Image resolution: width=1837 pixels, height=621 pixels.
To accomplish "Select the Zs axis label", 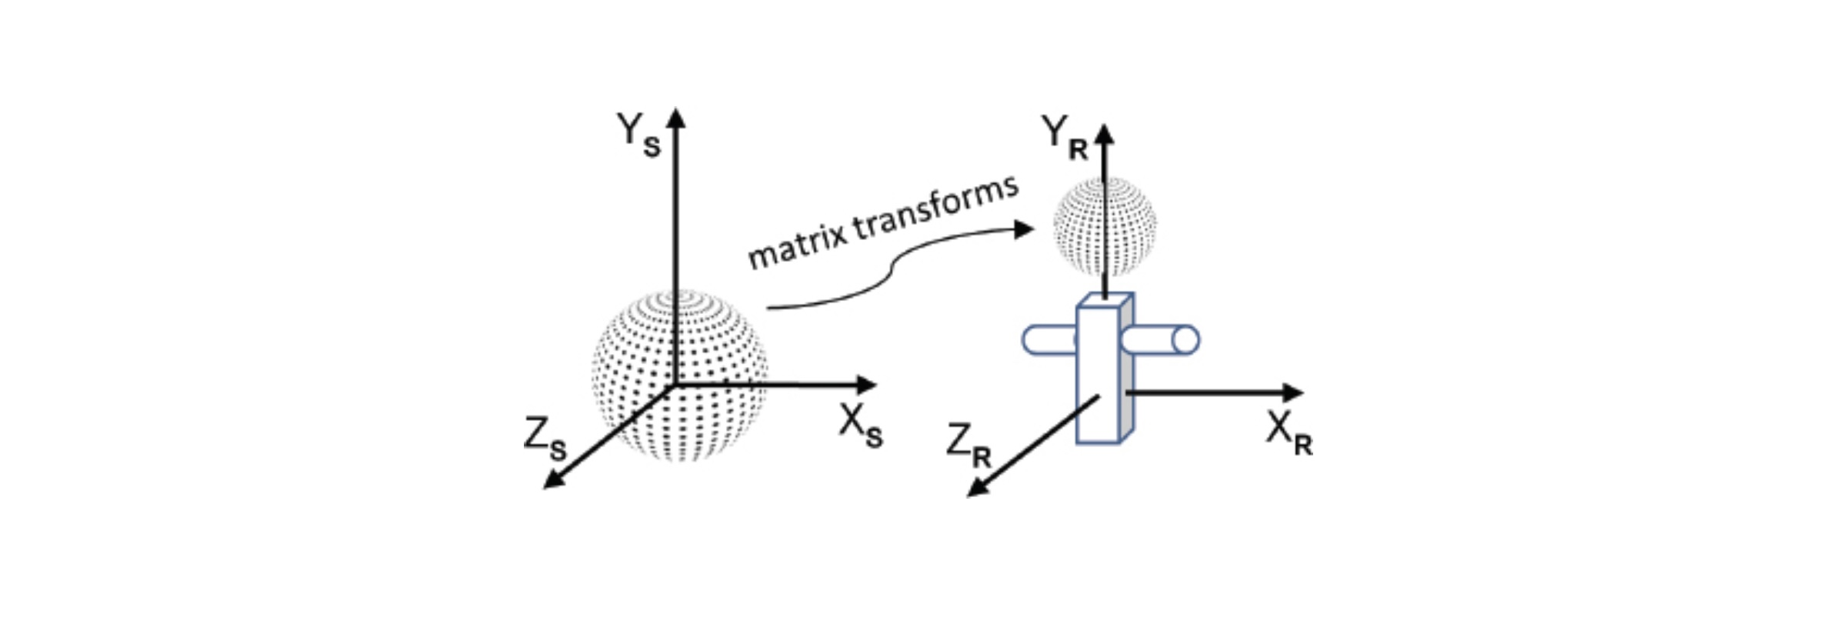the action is (545, 439).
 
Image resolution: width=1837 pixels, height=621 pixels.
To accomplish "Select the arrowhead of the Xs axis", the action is (867, 384).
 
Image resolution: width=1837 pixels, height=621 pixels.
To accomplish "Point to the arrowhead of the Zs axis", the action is (552, 482).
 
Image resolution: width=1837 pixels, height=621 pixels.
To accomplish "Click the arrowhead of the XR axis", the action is (1294, 392).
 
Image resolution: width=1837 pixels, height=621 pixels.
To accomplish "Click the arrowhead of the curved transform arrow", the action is (1024, 229).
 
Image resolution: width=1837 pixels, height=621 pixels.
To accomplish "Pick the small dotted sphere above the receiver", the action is (1105, 226).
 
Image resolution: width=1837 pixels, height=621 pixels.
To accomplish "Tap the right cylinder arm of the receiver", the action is (1159, 340).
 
